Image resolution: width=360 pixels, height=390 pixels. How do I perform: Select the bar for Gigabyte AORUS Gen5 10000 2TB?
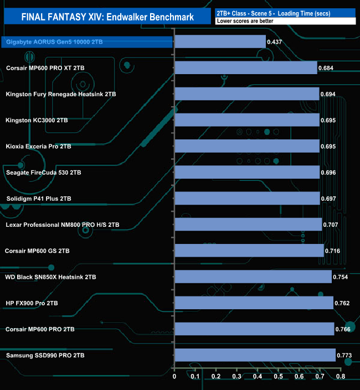pos(220,41)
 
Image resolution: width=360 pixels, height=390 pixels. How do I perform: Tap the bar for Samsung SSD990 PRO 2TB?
pos(255,355)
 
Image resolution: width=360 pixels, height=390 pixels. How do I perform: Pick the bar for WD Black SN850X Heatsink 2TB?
pos(253,277)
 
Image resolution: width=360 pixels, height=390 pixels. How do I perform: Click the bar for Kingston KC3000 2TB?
pos(247,120)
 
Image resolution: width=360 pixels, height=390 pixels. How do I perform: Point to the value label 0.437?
pos(275,42)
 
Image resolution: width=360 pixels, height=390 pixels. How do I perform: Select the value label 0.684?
pos(327,68)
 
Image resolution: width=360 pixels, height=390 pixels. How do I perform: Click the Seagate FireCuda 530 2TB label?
pos(43,173)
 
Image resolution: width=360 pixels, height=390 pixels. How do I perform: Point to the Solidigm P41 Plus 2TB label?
pos(39,199)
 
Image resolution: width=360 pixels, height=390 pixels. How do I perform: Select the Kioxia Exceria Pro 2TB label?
pos(39,147)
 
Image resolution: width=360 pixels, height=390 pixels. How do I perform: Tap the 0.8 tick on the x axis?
pos(340,377)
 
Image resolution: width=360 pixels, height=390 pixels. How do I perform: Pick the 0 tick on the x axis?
pos(174,377)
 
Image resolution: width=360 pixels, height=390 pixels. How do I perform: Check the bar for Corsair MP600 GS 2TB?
pos(249,251)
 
